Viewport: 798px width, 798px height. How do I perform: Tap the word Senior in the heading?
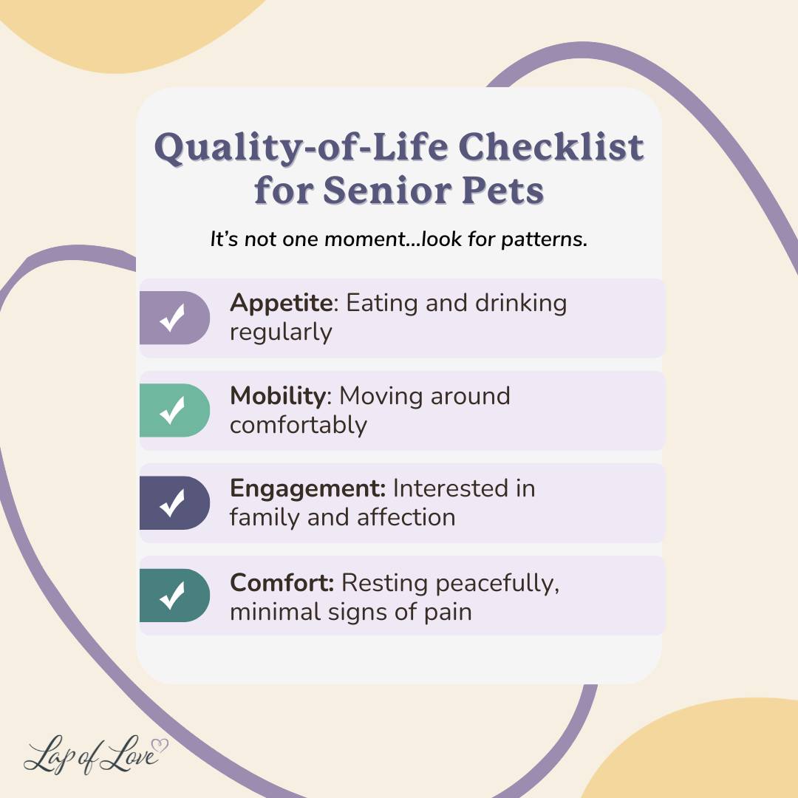click(386, 191)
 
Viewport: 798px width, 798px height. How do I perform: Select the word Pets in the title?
click(503, 191)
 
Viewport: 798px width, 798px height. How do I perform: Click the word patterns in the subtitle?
click(544, 239)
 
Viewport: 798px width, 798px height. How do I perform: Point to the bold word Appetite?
click(282, 304)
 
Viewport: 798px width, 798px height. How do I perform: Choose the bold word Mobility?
click(278, 396)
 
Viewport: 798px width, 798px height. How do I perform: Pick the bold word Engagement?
click(307, 489)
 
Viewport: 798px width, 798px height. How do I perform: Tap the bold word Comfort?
click(282, 583)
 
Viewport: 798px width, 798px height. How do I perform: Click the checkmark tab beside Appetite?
click(174, 318)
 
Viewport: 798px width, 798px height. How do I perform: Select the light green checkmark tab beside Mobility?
click(174, 410)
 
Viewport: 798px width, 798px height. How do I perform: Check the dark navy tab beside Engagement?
click(174, 503)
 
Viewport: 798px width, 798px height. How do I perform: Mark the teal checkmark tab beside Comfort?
click(174, 596)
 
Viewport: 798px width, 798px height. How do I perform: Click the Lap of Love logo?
click(95, 754)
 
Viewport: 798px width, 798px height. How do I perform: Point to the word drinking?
click(521, 304)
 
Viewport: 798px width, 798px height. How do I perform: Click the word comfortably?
click(299, 426)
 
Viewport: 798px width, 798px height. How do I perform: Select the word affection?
click(406, 517)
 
